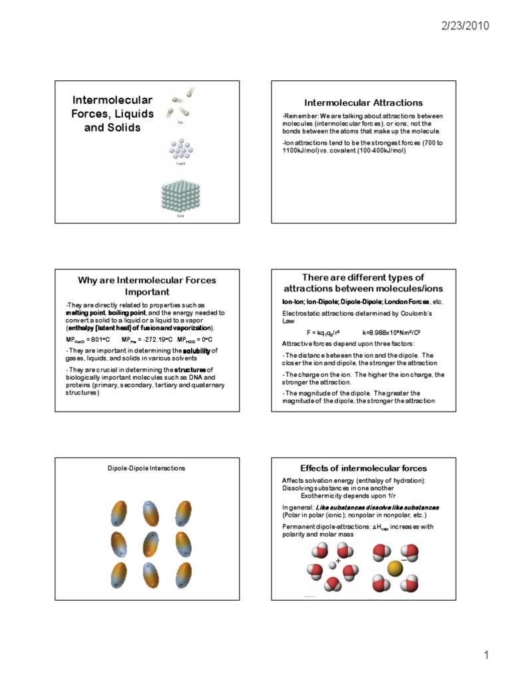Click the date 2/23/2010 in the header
(465, 27)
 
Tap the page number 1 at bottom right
(486, 655)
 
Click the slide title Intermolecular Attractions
(363, 102)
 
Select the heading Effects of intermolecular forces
(363, 468)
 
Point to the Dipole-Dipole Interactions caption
(146, 468)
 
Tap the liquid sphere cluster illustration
(180, 149)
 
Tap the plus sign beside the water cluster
(338, 561)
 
